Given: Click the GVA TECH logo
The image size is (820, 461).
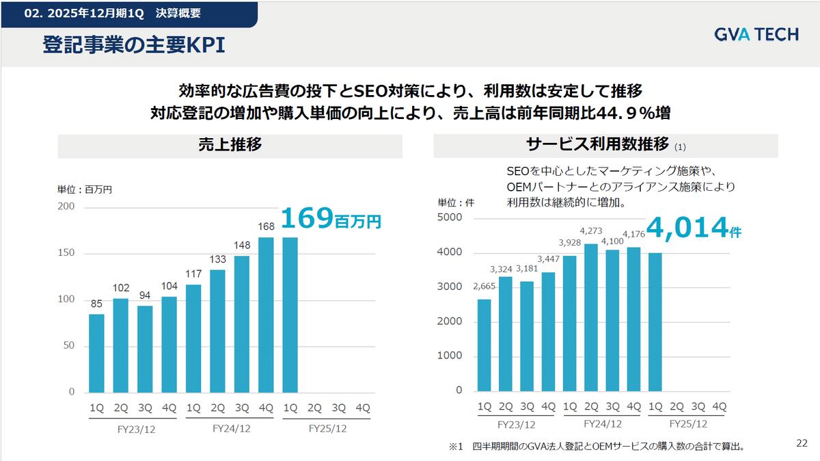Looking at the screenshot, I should [756, 34].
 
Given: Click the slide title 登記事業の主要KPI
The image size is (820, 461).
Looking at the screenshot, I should [134, 45].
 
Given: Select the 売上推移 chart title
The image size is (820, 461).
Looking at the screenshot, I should [230, 145].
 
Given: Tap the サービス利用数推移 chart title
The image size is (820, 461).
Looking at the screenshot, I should [597, 145].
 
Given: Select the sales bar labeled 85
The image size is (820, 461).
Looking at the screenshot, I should [97, 354].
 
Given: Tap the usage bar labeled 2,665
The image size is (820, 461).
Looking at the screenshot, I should [484, 345].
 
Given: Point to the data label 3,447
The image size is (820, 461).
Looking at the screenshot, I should [548, 259].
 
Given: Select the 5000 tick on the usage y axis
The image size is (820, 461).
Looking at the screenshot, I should [449, 218].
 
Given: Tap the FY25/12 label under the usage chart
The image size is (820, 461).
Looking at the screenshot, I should [688, 424].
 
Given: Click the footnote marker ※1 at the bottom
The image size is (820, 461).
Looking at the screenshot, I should [456, 447].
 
